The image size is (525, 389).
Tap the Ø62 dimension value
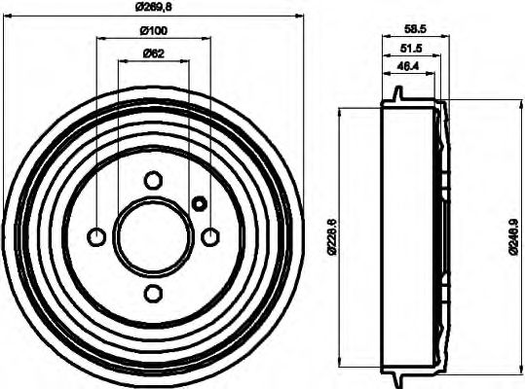153,53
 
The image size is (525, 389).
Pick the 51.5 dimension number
409,49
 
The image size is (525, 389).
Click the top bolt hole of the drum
153,180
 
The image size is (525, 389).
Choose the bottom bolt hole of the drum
153,293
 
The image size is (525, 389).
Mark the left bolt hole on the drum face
96,236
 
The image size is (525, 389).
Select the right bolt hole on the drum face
209,236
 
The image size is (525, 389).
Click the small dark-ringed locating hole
199,203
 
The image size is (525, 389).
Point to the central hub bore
153,236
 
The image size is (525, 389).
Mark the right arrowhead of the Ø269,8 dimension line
302,18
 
